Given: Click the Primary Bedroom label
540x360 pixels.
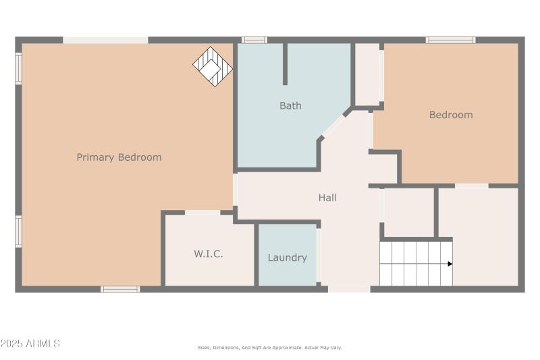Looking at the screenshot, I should [x=119, y=157].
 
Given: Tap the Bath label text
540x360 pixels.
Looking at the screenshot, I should [x=290, y=105].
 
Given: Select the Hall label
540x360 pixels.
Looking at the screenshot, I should [x=327, y=198].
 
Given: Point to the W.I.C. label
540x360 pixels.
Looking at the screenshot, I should [x=209, y=255].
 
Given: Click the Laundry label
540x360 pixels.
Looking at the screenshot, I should [x=288, y=257].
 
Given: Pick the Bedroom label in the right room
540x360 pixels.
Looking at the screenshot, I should [x=451, y=115].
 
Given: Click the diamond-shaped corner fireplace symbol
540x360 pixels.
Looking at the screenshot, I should [x=213, y=66].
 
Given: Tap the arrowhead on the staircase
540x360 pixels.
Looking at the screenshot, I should [x=450, y=263].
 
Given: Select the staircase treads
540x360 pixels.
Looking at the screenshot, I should [x=413, y=263].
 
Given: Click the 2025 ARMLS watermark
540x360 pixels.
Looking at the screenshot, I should [x=30, y=344].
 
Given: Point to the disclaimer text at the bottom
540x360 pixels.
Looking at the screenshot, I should [x=270, y=347].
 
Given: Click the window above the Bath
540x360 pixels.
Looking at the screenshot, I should [x=254, y=40].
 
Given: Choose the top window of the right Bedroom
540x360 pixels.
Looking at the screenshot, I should [x=450, y=40].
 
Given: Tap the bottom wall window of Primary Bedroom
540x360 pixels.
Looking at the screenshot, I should [x=120, y=289].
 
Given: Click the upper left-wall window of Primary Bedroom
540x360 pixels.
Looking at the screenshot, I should [x=18, y=68].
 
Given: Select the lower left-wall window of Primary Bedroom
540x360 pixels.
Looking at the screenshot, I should [x=18, y=231].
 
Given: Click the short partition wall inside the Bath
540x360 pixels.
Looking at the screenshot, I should [x=285, y=64].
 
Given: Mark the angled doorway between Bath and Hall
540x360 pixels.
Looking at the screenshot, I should [x=333, y=125].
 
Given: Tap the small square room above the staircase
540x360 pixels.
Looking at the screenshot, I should [x=408, y=211].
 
